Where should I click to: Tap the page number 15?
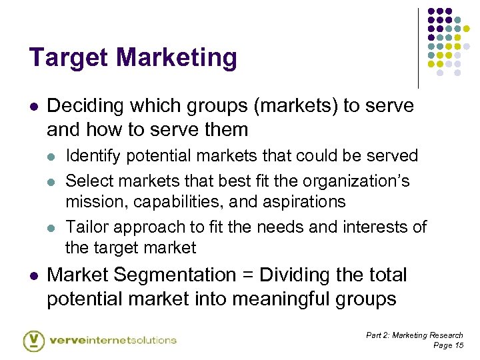click(458, 345)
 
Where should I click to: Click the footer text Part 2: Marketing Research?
click(414, 335)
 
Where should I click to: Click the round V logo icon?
click(33, 340)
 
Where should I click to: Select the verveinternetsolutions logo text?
click(113, 340)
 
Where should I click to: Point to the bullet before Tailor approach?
click(53, 227)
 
